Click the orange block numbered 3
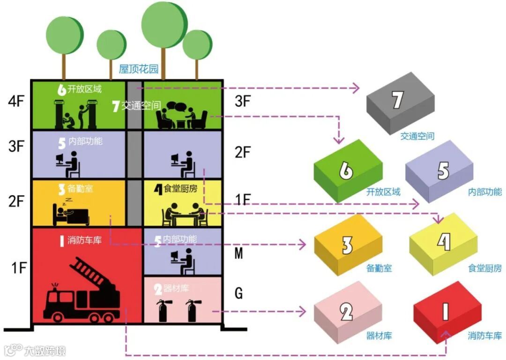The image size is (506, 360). point(348,245)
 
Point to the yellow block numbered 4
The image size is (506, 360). point(443,243)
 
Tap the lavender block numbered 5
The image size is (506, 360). point(440,171)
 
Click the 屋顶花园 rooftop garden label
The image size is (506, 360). point(139,69)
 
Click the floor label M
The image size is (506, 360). point(238,254)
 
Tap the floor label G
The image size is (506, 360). point(238,294)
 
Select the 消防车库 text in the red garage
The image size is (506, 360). point(84,241)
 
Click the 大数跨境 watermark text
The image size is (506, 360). point(45,350)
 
